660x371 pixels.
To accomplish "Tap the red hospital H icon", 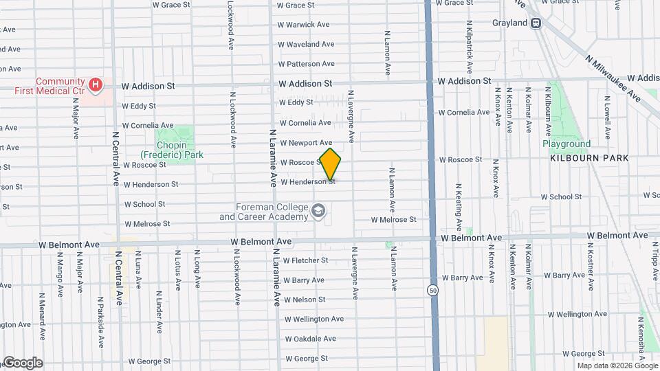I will (x=96, y=85).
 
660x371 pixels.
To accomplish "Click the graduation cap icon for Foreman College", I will (x=318, y=210).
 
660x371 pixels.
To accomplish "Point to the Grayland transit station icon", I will (x=536, y=23).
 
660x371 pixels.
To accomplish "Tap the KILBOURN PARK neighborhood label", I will (x=589, y=158).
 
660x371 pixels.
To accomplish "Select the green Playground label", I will (x=566, y=144).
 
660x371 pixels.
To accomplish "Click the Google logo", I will (x=22, y=362).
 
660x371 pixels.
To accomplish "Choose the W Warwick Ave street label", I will (x=304, y=25).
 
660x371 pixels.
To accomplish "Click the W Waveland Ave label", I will (x=306, y=44).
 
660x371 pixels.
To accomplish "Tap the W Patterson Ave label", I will (x=306, y=64).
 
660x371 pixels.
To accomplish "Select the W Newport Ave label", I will (x=305, y=143).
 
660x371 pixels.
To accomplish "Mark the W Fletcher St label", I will (x=305, y=260).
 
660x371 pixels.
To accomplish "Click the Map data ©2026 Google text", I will (x=617, y=366).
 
